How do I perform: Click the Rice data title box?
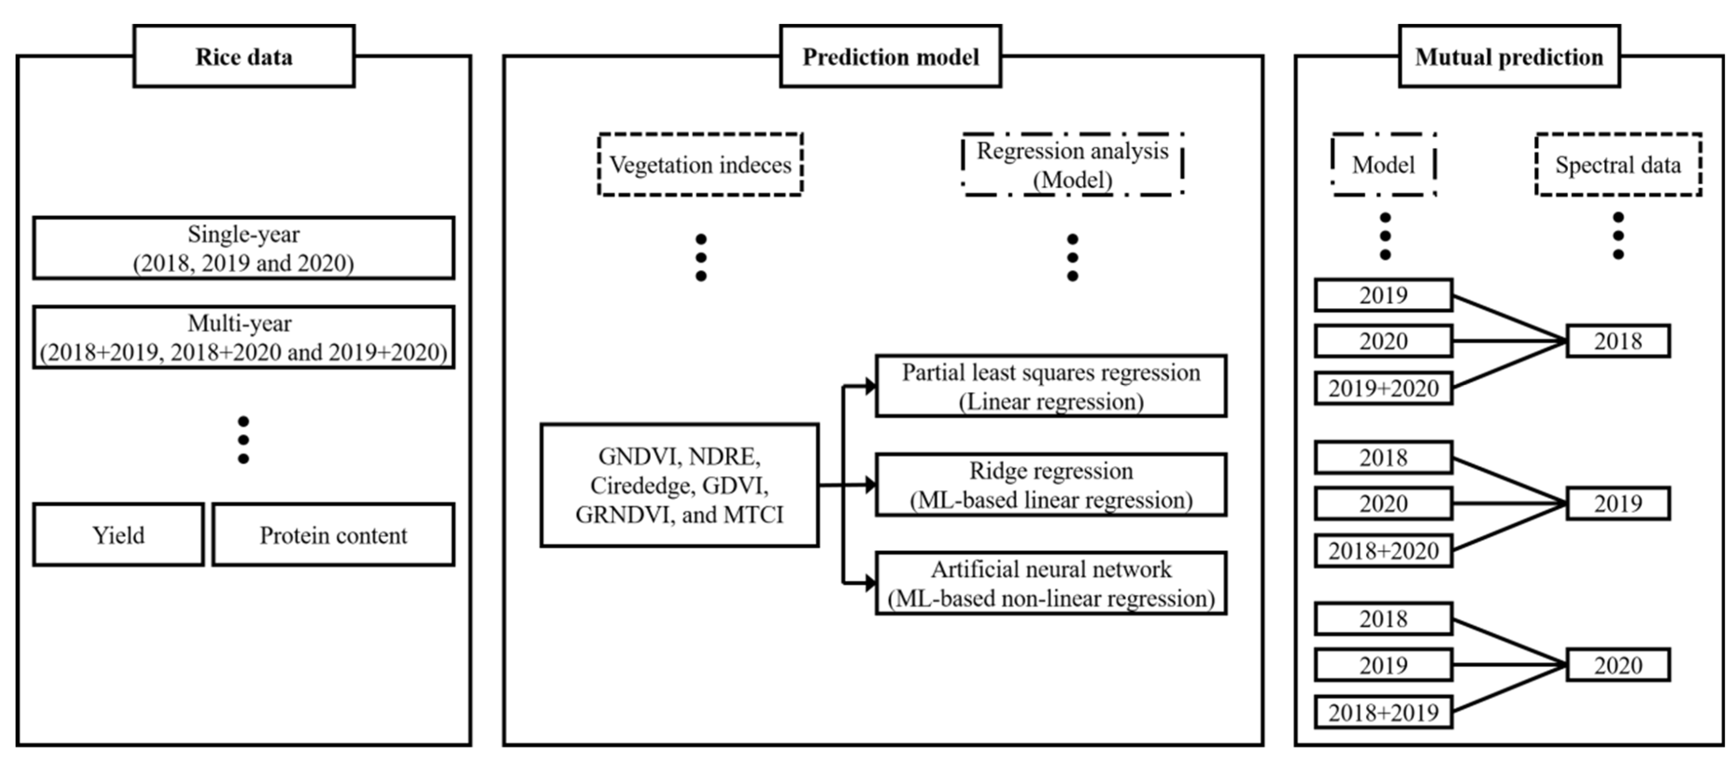click(x=244, y=56)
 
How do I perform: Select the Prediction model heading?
click(x=890, y=56)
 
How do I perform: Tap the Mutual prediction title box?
click(x=1509, y=56)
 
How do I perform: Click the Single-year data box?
click(x=243, y=248)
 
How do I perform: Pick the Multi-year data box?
click(x=243, y=337)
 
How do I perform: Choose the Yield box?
click(x=118, y=535)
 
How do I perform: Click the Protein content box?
click(x=333, y=535)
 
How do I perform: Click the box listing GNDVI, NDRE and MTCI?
click(x=679, y=485)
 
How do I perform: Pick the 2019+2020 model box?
click(x=1383, y=389)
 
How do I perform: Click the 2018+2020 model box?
click(x=1383, y=551)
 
